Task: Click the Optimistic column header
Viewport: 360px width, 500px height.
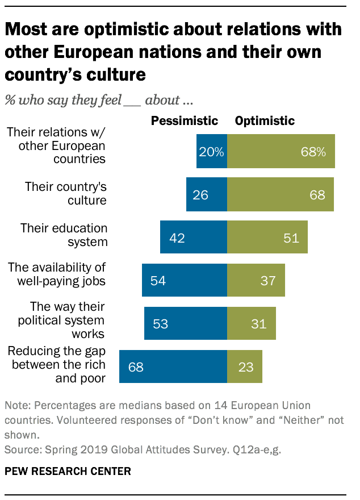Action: point(265,120)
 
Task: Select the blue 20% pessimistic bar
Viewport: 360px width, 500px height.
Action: point(212,152)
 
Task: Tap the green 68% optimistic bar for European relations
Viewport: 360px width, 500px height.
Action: point(281,152)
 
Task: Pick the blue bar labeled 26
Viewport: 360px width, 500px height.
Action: point(207,195)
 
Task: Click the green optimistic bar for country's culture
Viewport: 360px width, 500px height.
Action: point(280,195)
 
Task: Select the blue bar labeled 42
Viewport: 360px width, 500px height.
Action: point(194,238)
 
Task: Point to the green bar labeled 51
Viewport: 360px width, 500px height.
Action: point(267,238)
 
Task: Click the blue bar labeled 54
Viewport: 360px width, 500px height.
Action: point(185,280)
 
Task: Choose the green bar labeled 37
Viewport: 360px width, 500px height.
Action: point(256,280)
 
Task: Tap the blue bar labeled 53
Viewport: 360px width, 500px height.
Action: point(186,323)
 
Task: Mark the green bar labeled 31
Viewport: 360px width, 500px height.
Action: point(251,323)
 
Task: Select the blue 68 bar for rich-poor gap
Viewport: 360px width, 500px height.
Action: point(173,366)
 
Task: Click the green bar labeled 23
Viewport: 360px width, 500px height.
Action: point(244,366)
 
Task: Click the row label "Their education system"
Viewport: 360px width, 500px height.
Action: point(64,235)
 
